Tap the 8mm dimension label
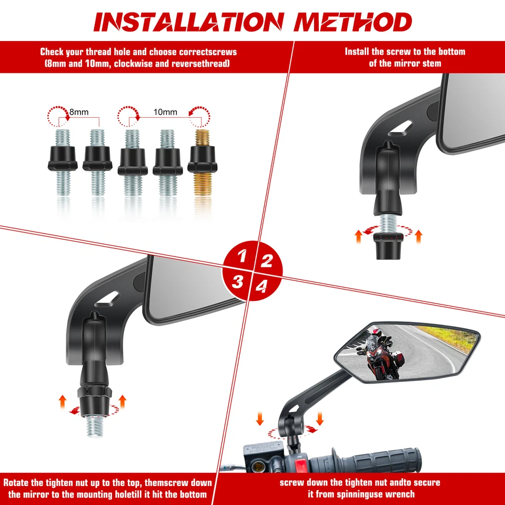pos(78,112)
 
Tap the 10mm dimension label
pos(166,112)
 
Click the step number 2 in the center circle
pos(267,260)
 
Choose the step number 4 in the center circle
pos(261,286)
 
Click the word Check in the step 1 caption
pos(53,52)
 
